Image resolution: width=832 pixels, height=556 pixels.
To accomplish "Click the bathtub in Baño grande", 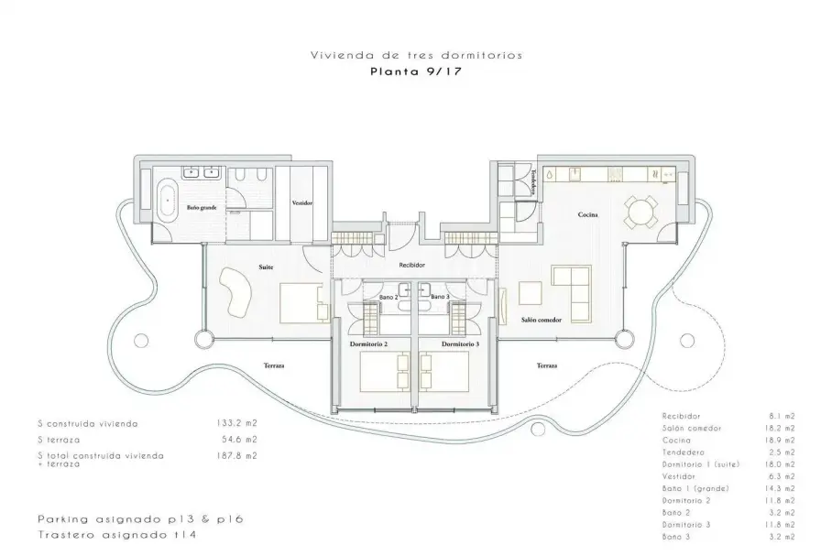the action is [169, 202].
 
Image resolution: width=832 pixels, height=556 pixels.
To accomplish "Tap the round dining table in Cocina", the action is [640, 212].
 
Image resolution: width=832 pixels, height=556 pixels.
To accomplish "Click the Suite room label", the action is [266, 267].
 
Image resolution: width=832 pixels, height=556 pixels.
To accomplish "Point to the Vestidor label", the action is [301, 202].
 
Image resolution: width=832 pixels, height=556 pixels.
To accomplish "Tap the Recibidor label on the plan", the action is [411, 265].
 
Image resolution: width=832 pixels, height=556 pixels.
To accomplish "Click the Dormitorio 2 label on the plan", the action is [368, 343].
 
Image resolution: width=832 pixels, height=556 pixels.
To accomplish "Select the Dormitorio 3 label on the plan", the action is [460, 343].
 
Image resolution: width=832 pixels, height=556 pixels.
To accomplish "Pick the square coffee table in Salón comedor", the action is [531, 293].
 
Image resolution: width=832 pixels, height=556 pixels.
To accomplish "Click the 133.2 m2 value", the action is [236, 423].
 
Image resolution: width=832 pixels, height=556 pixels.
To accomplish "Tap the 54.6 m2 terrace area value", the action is [239, 440].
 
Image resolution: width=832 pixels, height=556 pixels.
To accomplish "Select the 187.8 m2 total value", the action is [236, 455].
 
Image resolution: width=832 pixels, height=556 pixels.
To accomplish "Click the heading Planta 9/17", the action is [416, 71].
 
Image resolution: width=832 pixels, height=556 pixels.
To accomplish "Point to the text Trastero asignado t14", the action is [117, 535].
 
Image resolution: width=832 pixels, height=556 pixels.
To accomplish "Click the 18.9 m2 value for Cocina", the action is [782, 441].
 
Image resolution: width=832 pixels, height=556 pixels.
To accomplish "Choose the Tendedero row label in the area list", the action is [684, 452].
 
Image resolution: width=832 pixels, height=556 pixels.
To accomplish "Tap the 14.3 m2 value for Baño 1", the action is [782, 488].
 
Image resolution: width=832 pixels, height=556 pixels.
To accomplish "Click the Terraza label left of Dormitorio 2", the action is [274, 365].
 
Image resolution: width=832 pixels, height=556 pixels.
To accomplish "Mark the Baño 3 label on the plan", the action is [440, 297].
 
